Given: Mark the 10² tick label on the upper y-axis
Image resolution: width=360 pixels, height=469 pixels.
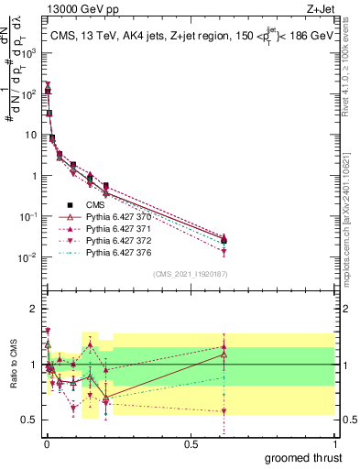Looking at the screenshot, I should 27,93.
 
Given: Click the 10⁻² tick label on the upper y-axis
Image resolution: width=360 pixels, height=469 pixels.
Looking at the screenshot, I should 27,257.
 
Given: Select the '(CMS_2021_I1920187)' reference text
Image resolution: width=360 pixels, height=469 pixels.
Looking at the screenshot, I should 190,273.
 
